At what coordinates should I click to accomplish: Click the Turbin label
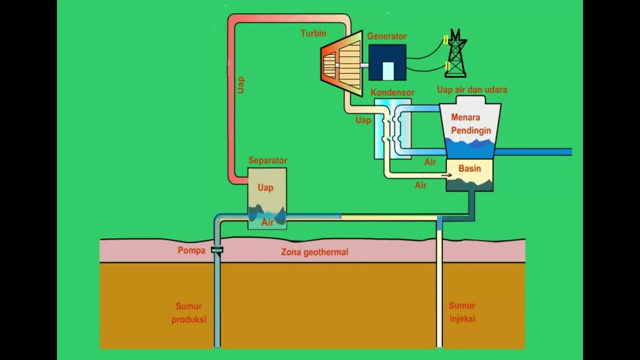(313, 33)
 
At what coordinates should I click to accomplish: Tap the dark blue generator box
(387, 62)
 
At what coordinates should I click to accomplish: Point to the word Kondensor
(392, 93)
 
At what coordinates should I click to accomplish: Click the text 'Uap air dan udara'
(472, 90)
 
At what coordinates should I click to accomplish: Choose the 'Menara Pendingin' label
(471, 124)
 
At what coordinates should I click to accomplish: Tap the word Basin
(469, 169)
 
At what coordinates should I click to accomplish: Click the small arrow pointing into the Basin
(446, 175)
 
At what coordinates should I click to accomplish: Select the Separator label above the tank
(267, 160)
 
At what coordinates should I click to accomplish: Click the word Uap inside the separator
(265, 187)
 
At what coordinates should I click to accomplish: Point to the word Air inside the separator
(267, 222)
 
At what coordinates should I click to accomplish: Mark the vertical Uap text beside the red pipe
(241, 84)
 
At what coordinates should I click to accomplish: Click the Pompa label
(191, 250)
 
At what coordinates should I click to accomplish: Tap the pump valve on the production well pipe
(217, 250)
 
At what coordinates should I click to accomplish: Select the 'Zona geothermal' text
(314, 252)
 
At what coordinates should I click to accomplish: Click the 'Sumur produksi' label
(188, 312)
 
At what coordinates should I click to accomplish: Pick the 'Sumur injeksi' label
(462, 312)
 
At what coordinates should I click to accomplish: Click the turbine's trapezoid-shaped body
(342, 64)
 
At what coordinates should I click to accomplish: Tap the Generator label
(386, 36)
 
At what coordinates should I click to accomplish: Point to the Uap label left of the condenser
(363, 120)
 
